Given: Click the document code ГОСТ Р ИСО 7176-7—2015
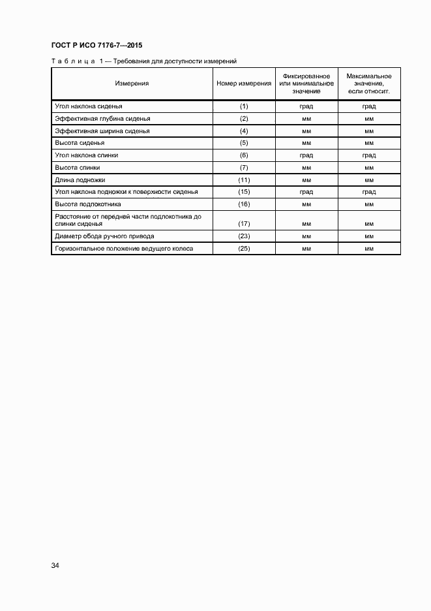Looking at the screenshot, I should point(96,46).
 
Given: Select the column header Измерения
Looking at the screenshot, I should point(132,84).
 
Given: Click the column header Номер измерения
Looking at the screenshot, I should point(244,84).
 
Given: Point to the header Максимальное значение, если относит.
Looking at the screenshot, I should point(368,84).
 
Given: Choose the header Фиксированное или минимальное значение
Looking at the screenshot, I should point(306,84).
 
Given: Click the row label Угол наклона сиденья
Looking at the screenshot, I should point(89,106).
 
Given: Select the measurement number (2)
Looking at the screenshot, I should point(244,118).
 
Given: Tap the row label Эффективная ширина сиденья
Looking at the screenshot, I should point(102,131).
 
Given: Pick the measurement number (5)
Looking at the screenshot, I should point(244,143).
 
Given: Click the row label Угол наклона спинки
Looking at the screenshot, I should point(87,155).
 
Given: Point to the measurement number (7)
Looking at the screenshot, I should point(244,168).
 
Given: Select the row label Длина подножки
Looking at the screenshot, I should point(80,180).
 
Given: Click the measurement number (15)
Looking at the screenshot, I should point(244,192).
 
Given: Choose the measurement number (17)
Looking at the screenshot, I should point(244,224).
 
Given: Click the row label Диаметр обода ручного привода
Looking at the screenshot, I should point(104,236).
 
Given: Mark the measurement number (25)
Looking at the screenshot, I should point(244,249).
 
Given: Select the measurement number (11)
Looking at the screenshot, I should point(244,180).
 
